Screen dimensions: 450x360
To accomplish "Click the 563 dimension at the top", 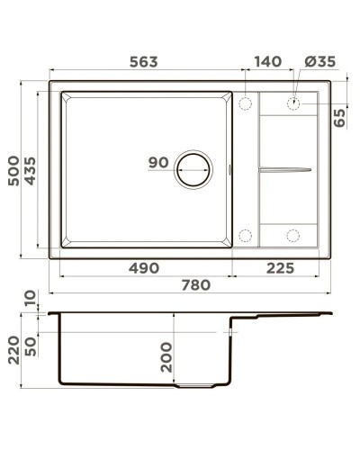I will [x=143, y=62].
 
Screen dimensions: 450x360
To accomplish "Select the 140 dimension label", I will [x=267, y=62].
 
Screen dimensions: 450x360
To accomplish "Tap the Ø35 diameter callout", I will [x=320, y=62].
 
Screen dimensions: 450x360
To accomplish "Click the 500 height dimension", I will [x=13, y=169].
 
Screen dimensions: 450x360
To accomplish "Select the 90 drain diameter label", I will [x=158, y=162].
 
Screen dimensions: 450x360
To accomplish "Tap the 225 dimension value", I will [x=281, y=268].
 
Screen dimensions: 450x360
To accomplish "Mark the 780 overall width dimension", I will [x=196, y=285].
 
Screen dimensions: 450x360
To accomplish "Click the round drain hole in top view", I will [x=194, y=168].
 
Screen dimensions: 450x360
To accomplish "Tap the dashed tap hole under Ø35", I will [x=293, y=103].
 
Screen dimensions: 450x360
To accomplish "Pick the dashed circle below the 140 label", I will [x=245, y=103].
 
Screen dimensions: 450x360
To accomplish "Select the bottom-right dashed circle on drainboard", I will [x=293, y=236].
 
